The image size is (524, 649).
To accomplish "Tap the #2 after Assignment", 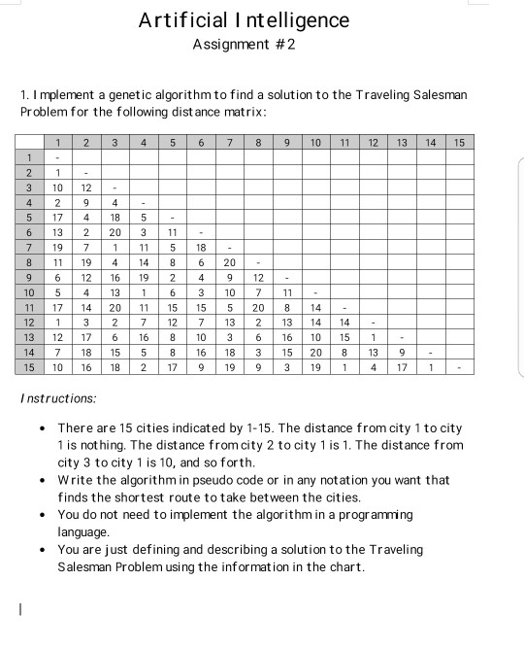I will point(279,46).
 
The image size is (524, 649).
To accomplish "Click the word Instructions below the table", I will point(58,398).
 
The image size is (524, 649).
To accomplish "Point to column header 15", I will point(459,143).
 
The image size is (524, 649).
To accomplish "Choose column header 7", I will point(230,143).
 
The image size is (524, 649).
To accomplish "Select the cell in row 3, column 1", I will point(58,187).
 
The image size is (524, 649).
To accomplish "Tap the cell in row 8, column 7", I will point(230,262).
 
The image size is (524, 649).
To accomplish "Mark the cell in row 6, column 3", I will point(115,232).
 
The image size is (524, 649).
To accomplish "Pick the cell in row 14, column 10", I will point(315,351).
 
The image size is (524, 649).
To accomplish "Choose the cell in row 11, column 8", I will point(259,306).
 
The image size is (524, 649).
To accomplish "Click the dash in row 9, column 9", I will point(287,277).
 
